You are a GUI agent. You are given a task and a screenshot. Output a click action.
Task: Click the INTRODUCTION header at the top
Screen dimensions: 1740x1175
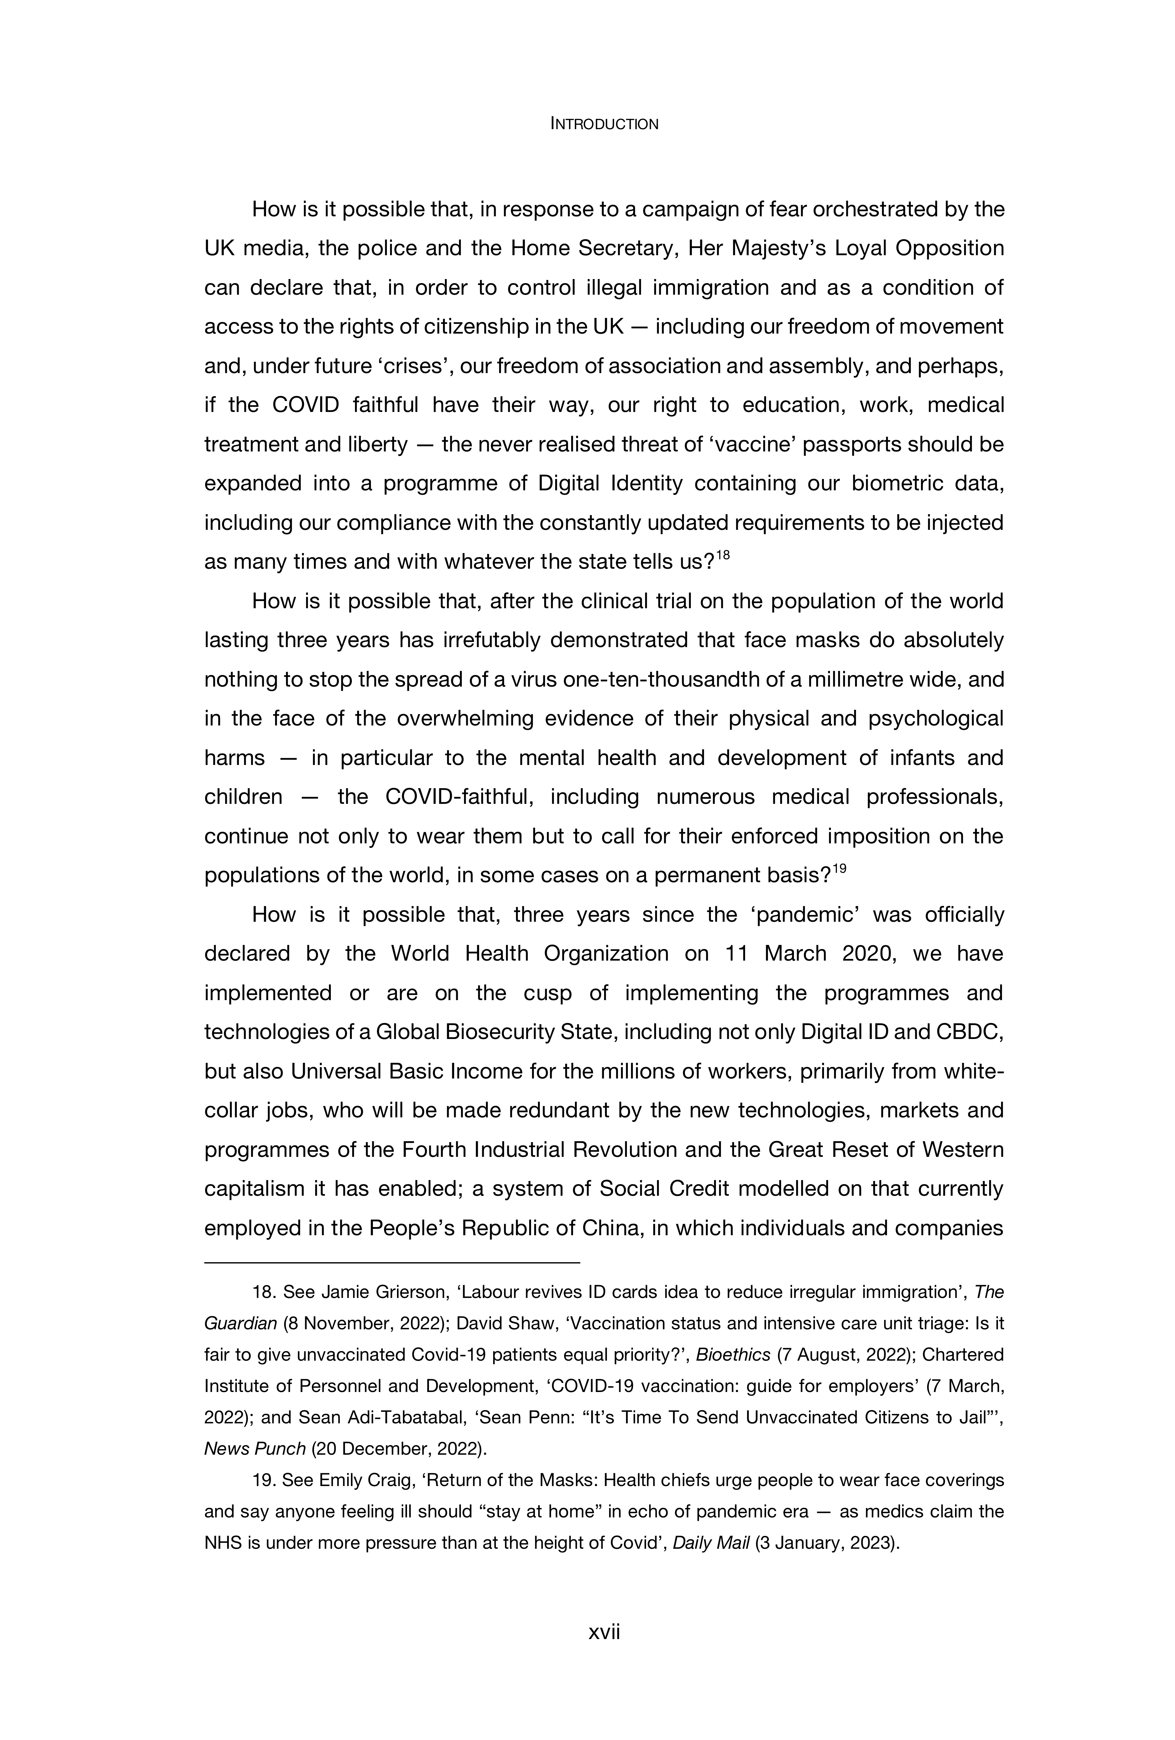tap(604, 124)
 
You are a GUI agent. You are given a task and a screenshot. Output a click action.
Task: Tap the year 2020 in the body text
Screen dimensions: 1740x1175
tap(867, 954)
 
